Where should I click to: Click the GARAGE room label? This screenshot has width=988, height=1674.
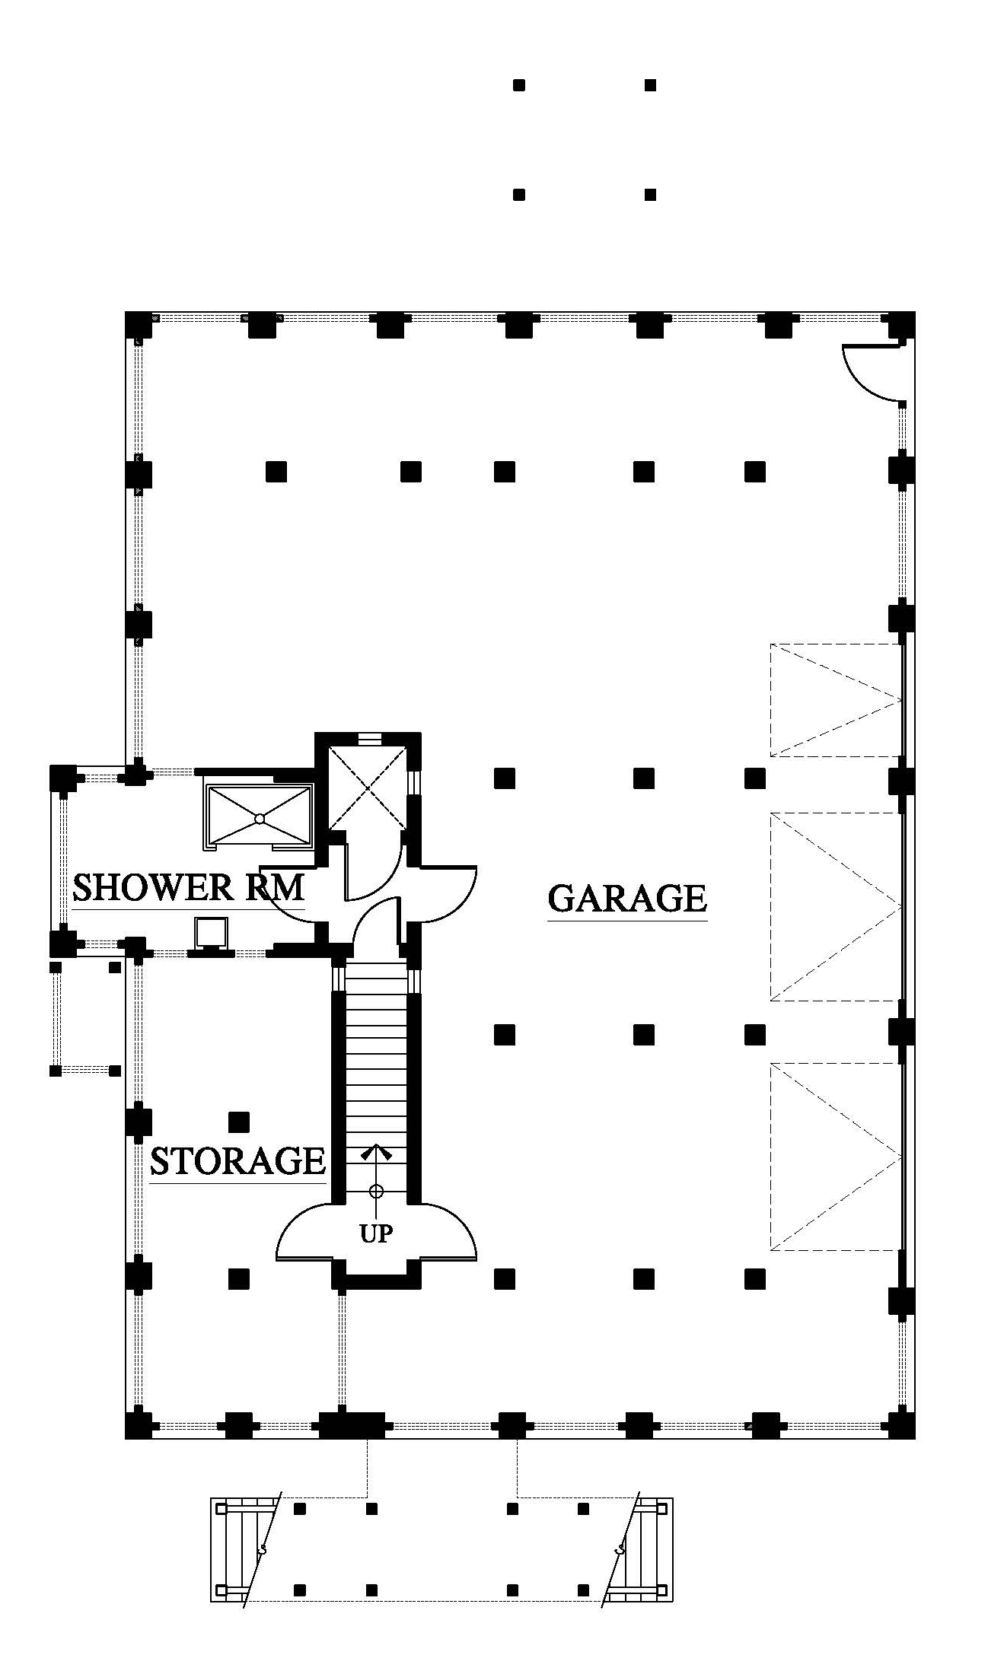(x=627, y=898)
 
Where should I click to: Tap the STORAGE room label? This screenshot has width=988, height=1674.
(x=237, y=1160)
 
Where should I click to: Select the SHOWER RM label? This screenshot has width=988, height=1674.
(x=188, y=887)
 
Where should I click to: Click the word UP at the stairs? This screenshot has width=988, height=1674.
(x=376, y=1233)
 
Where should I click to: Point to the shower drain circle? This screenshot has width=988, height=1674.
(x=260, y=819)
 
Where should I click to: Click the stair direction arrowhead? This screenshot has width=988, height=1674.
(x=376, y=1151)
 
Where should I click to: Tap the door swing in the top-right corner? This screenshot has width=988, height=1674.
(x=872, y=373)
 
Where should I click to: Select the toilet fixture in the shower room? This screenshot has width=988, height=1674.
(x=211, y=934)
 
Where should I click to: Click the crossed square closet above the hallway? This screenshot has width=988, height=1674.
(x=368, y=788)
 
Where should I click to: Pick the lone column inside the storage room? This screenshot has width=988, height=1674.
(x=240, y=1121)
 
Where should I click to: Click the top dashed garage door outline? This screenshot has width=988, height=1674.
(x=836, y=700)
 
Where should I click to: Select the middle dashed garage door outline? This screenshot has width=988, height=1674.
(x=836, y=906)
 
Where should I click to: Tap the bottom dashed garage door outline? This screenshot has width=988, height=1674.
(x=836, y=1156)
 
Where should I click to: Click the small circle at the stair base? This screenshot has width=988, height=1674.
(x=376, y=1191)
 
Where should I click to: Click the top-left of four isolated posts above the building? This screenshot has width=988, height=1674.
(x=519, y=85)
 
